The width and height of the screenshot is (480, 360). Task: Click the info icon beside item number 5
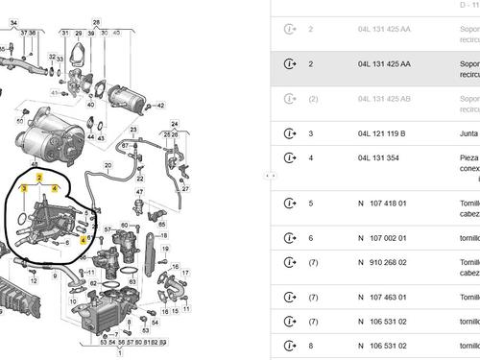point(290,204)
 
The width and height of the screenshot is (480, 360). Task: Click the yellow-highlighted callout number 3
point(24,190)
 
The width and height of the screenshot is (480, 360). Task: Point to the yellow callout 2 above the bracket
point(39,179)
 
